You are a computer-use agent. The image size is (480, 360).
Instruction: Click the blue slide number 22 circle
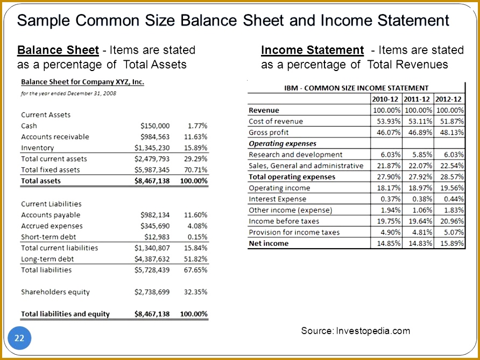(19, 338)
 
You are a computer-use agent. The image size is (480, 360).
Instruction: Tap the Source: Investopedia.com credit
(355, 330)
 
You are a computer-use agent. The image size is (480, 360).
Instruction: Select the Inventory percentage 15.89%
(196, 147)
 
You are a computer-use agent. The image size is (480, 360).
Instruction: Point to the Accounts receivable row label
(55, 137)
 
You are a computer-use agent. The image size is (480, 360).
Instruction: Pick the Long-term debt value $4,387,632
(152, 259)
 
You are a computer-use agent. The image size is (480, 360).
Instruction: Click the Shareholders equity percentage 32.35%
(196, 292)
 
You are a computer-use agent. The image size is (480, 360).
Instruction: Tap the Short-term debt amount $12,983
(157, 237)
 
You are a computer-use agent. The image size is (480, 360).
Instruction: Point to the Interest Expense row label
(277, 199)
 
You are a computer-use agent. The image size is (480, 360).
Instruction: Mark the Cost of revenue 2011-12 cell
(418, 121)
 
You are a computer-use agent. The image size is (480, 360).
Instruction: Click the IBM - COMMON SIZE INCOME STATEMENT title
(356, 88)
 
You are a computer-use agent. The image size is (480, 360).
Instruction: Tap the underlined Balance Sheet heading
(58, 50)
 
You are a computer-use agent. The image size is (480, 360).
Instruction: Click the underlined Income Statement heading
(312, 50)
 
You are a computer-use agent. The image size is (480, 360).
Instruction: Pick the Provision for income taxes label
(294, 232)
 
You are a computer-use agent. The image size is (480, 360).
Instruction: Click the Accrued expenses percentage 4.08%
(197, 226)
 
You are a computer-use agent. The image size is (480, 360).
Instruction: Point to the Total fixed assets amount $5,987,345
(152, 170)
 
